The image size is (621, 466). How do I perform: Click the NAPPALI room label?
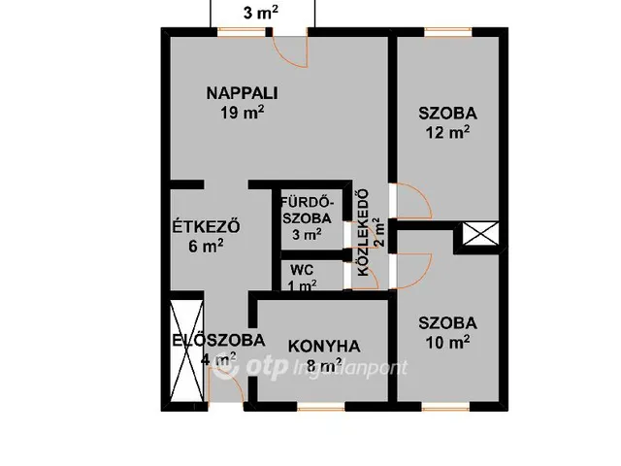coord(242,93)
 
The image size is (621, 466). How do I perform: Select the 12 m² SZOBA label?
coord(447,113)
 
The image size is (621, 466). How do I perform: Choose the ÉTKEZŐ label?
coord(206,228)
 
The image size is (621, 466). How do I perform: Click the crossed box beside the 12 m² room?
coord(480,234)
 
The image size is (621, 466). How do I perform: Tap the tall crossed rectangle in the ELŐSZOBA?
coord(183,347)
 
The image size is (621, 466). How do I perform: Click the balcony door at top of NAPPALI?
coord(289,47)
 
